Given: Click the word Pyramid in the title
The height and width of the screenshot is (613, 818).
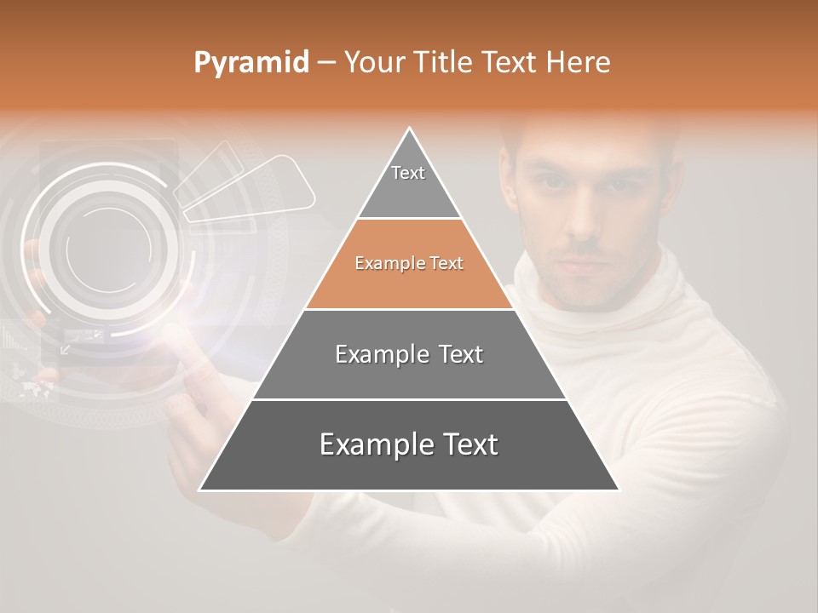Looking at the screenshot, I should pos(251,63).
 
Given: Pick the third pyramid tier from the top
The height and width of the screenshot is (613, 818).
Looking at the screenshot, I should pos(409,355).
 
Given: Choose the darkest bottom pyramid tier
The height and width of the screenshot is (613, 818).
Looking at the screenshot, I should pos(409,445).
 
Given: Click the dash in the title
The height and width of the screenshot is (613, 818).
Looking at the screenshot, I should pos(326,63).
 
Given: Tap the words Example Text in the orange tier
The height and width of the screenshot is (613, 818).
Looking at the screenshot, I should pos(409,264).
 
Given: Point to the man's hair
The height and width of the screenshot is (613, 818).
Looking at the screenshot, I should pos(588,136).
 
